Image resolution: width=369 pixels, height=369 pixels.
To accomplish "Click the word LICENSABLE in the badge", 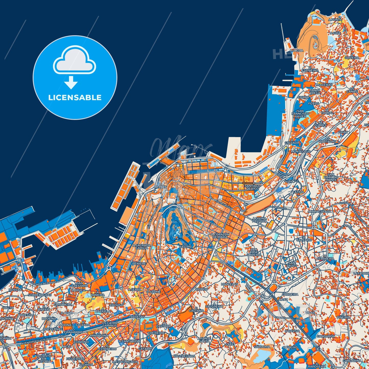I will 75,98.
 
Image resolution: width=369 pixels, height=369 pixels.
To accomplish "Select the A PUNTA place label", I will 335,20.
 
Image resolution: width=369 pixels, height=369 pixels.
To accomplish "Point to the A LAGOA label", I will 296,51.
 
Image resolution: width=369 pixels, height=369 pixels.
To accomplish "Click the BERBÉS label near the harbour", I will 160,187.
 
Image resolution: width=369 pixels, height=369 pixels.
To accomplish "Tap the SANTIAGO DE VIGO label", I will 253,187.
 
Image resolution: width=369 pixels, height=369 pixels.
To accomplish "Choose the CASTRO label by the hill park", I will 185,247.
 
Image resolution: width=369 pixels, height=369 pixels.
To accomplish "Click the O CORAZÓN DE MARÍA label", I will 220,235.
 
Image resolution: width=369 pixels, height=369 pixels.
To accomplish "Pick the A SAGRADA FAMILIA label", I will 142,246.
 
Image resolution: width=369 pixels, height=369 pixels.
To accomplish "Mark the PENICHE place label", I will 139,264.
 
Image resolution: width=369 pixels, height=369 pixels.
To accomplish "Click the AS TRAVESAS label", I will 137,315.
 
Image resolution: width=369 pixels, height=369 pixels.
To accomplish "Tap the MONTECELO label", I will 301,151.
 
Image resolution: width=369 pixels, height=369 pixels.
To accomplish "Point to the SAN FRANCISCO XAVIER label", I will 301,113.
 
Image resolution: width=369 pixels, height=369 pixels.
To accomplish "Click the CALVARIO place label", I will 304,240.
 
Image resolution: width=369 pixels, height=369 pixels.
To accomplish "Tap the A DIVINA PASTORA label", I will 259,220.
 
